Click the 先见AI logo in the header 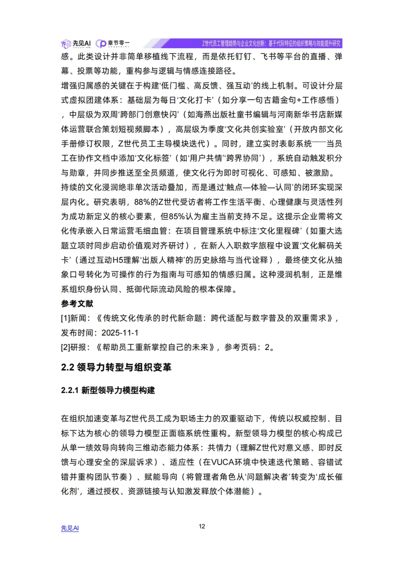click(76, 44)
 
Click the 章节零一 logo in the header click(113, 44)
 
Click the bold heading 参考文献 click(77, 304)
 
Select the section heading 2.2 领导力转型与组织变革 click(116, 367)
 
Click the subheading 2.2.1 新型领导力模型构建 click(108, 390)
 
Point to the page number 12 click(202, 526)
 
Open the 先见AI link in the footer click(70, 528)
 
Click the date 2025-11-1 click(120, 333)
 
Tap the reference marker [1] click(65, 318)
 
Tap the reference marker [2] click(65, 347)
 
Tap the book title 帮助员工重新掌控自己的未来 click(155, 347)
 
